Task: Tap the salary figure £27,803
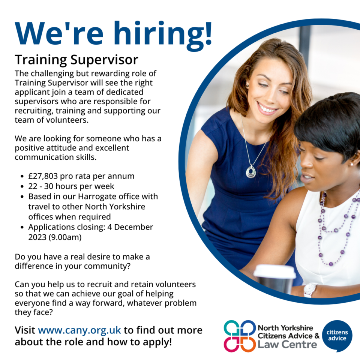tap(43, 176)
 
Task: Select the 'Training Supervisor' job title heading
tap(76, 60)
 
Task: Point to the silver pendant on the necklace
tap(251, 171)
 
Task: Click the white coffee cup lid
tap(274, 271)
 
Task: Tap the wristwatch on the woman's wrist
tap(310, 290)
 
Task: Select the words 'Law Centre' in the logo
tap(287, 345)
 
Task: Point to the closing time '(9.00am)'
tap(65, 237)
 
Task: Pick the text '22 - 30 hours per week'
tap(71, 186)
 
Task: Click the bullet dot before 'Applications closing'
tap(22, 227)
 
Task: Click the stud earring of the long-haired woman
tap(247, 86)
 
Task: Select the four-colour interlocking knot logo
tap(240, 336)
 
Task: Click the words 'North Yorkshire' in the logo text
tap(285, 328)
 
